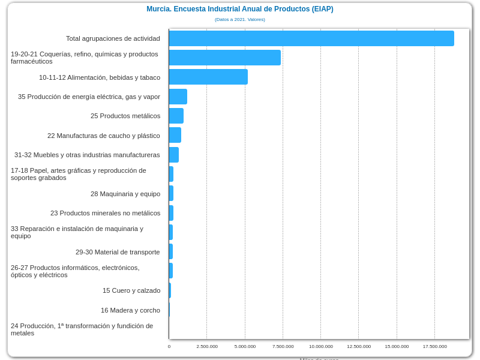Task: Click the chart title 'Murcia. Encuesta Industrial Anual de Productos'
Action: coord(239,9)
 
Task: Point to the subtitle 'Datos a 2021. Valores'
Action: coord(239,20)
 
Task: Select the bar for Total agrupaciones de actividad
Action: coord(311,38)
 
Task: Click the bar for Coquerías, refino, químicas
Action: coord(224,58)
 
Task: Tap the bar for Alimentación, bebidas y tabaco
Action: coord(208,77)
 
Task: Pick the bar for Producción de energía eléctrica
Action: coord(178,97)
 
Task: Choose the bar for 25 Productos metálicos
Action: coord(176,116)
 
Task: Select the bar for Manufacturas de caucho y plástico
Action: coord(175,135)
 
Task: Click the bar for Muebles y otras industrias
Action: coord(173,155)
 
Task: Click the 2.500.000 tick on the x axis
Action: coord(207,346)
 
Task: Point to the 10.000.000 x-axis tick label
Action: coord(321,346)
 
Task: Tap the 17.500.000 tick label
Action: coord(435,346)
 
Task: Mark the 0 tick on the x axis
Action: coord(169,346)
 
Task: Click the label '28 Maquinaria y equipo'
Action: coord(125,194)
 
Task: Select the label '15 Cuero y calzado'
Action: coord(131,290)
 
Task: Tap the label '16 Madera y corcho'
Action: coord(130,310)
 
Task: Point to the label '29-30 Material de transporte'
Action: coord(118,252)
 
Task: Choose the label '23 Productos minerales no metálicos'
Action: coord(105,213)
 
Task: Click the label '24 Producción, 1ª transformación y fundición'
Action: coord(82,329)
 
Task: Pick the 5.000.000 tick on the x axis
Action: coord(245,346)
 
